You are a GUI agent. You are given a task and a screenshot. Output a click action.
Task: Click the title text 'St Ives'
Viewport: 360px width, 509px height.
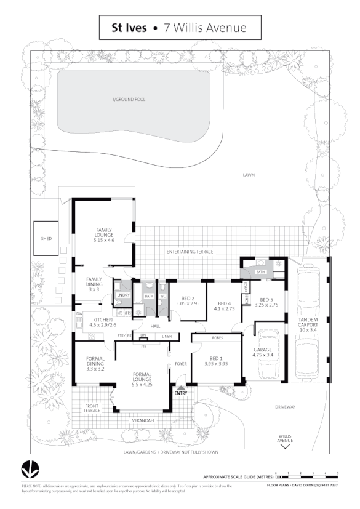[x=128, y=28]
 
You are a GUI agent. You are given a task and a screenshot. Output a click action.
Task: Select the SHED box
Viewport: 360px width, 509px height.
[x=46, y=238]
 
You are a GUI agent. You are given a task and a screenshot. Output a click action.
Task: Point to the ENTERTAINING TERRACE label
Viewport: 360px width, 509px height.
[x=190, y=252]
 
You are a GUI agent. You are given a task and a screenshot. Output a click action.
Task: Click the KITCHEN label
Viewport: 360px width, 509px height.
[x=102, y=319]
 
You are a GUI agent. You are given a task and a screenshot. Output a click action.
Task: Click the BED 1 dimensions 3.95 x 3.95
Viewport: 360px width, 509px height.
[x=216, y=364]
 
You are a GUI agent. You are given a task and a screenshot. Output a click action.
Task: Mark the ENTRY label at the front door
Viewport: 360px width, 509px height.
[x=180, y=393]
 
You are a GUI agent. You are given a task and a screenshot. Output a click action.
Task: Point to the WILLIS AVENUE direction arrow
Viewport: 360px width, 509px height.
[x=285, y=447]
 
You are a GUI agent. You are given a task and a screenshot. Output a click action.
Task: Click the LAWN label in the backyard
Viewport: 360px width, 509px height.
[x=248, y=175]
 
